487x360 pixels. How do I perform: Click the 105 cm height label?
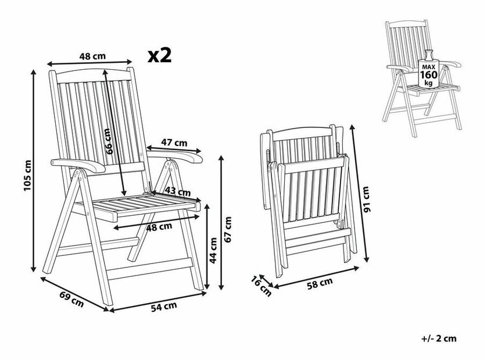[27, 176]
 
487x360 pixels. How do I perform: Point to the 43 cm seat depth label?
[177, 191]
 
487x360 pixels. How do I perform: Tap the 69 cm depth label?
[71, 300]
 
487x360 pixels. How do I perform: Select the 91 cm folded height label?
[367, 199]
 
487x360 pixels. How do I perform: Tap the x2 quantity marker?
[160, 56]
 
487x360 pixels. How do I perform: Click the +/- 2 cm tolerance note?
[439, 338]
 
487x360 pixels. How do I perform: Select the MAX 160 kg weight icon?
[429, 69]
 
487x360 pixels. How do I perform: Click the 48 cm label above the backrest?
[92, 56]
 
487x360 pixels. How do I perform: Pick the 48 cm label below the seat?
[159, 227]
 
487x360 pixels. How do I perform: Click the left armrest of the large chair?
[78, 165]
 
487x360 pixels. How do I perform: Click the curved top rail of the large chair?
[93, 74]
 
